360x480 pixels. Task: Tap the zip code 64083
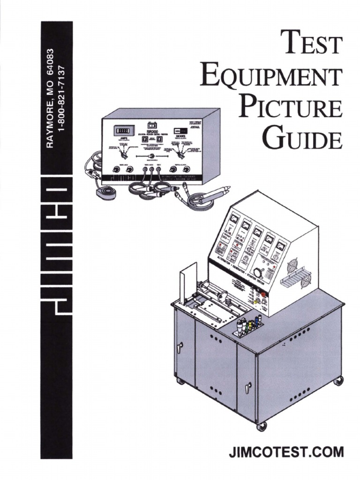coord(52,64)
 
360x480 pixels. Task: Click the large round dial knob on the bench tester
coord(257,272)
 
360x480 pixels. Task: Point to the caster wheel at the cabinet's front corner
coord(262,426)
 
